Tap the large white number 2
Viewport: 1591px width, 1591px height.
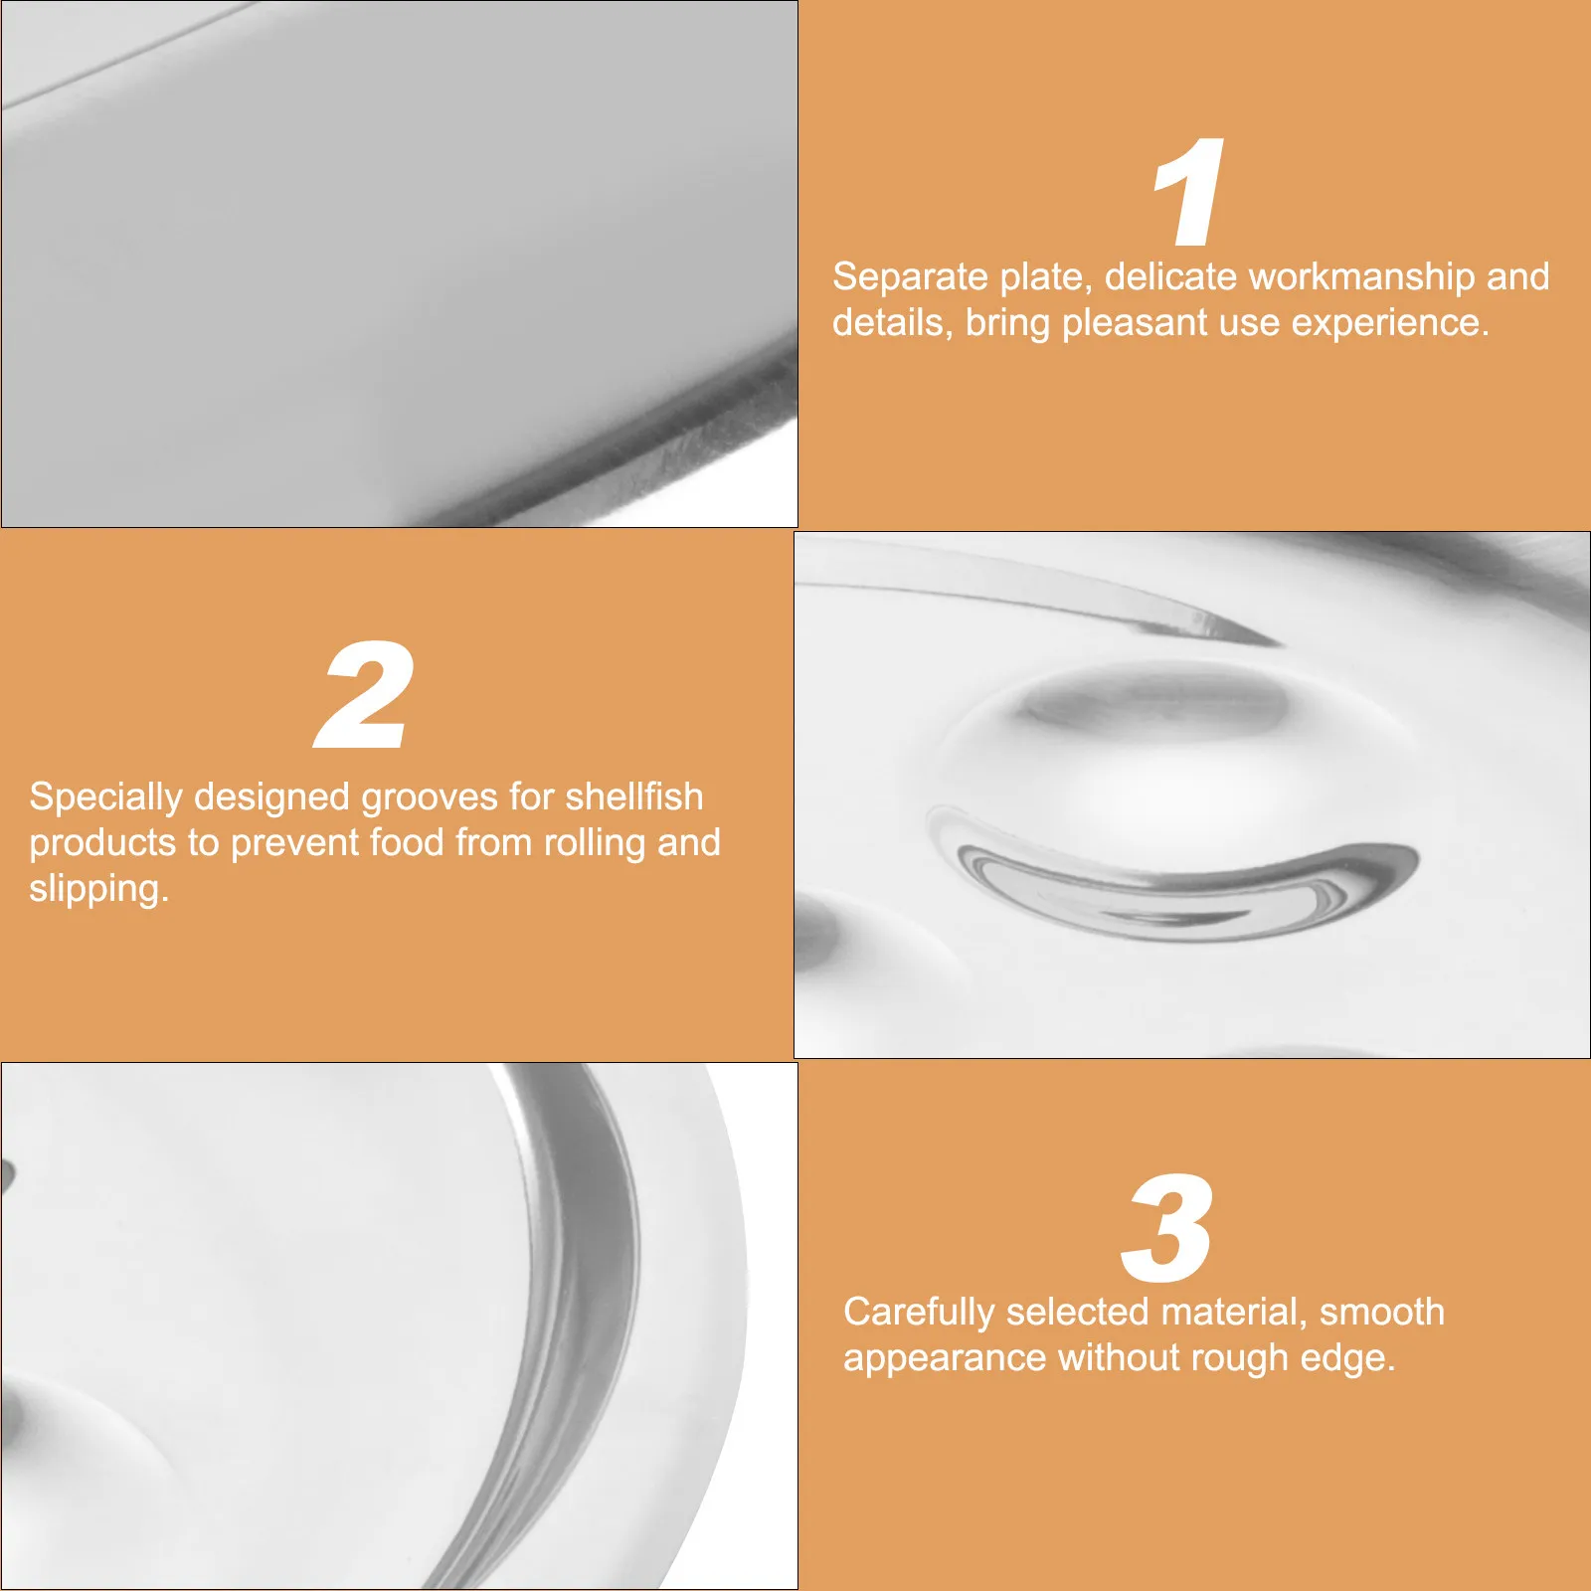coord(364,696)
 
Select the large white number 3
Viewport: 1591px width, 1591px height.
coord(1167,1229)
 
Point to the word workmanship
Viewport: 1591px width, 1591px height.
coord(1361,277)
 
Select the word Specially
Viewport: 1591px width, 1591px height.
coord(105,798)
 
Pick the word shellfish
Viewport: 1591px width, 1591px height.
coord(634,796)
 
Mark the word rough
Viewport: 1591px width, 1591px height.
coord(1239,1359)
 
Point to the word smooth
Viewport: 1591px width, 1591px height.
coord(1381,1313)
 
